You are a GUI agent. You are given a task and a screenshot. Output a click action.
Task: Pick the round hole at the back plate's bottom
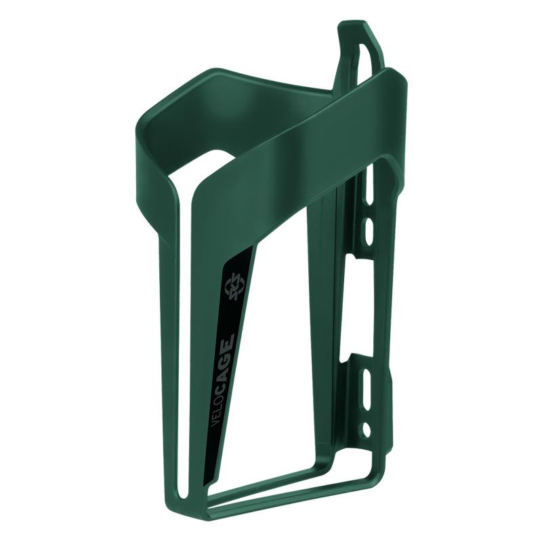pos(366,429)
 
